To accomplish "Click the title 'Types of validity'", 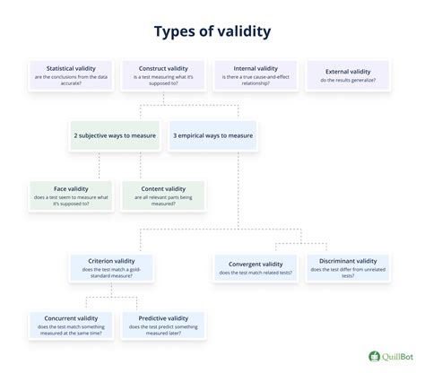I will pos(212,30).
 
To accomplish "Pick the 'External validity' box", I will pos(349,74).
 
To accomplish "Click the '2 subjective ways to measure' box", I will pos(116,135).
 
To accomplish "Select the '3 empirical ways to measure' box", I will pos(212,135).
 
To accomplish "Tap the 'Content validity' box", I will pos(163,195).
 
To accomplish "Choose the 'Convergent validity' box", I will pos(256,268).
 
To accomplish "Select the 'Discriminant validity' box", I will pos(349,268).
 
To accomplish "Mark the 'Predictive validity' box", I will pos(163,326).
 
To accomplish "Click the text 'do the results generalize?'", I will pos(349,80).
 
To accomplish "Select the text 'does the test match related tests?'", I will pos(256,273).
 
